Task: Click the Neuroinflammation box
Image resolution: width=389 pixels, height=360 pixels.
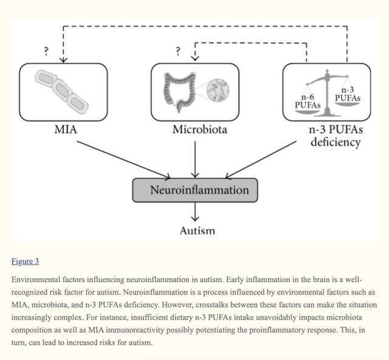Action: tap(195, 190)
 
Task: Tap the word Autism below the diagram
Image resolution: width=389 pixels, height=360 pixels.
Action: tap(197, 230)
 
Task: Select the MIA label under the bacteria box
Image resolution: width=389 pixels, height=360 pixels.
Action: tap(66, 130)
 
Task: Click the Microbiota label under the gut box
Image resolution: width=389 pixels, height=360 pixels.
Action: tap(200, 130)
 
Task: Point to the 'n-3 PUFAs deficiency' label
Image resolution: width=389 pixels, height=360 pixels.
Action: tap(336, 136)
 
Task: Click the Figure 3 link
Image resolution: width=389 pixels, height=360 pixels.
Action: tap(25, 261)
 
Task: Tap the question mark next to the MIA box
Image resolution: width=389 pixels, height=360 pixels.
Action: tap(46, 51)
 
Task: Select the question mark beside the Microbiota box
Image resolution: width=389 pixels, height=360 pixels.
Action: tap(178, 51)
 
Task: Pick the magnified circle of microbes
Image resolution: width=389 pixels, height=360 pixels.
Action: tap(218, 90)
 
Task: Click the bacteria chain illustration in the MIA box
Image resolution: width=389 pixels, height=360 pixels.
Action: tap(61, 92)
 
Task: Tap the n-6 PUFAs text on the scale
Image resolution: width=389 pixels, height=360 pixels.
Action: tap(308, 102)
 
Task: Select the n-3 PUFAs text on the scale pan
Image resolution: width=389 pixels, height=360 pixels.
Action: tap(348, 94)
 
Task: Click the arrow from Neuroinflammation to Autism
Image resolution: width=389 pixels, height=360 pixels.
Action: tap(195, 212)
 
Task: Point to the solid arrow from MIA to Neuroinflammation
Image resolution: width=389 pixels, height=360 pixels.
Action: tap(123, 160)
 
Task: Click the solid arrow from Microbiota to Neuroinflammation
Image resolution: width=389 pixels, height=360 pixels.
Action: tap(195, 160)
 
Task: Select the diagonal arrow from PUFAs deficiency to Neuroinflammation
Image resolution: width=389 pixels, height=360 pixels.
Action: tap(261, 160)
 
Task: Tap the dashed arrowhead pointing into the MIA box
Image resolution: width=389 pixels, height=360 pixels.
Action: tap(63, 60)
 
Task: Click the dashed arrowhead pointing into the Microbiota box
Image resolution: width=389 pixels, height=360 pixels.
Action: tap(195, 58)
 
